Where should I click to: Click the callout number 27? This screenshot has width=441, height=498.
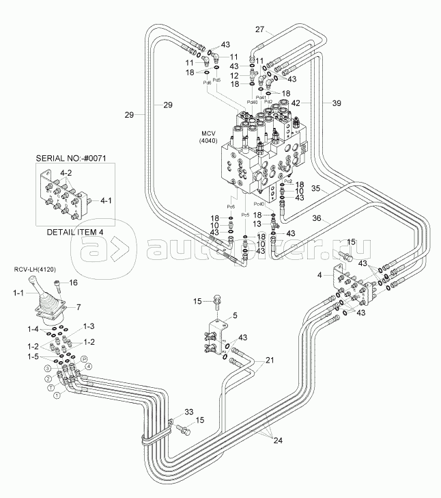259,29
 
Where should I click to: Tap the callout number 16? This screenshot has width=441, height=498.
74,283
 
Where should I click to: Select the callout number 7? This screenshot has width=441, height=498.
78,307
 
